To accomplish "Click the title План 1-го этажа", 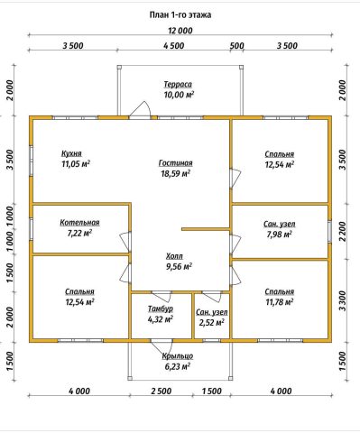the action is coord(180,14).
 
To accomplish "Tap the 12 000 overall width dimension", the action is coord(180,31).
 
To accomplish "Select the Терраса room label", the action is coord(178,85).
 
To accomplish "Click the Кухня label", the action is coord(71,153).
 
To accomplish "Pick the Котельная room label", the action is coord(79,223).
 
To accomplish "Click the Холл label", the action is coord(174,256).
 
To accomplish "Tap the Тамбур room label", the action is coord(161,309).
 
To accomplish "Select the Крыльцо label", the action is coord(178,356).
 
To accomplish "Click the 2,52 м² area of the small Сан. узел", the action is coord(212,323).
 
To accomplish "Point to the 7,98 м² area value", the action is coord(279,235).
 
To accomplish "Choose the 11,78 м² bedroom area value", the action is coord(279,301).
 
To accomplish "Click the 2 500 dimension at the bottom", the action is coord(162,391).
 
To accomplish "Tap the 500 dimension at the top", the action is coord(237,46).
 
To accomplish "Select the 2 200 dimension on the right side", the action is coord(343,231).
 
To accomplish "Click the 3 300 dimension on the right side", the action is coord(343,300).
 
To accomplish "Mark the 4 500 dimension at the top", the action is coord(174,46).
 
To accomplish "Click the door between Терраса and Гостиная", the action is coord(140,110).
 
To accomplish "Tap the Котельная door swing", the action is coord(125,243).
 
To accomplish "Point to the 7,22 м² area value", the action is coord(79,233).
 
